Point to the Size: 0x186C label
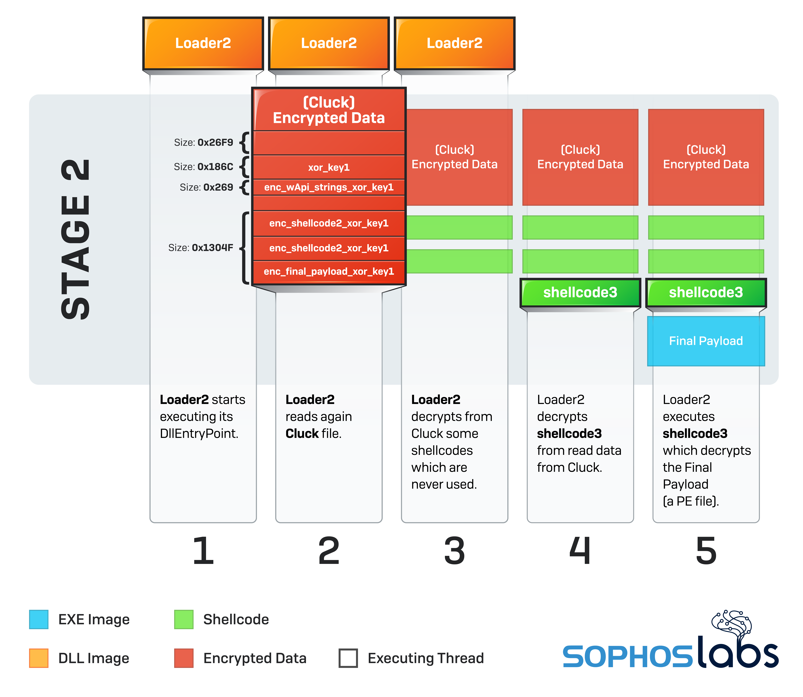point(203,167)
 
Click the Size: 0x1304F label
point(201,248)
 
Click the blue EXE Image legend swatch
point(39,619)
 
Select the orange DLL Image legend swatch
point(39,658)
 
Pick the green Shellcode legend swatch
point(184,619)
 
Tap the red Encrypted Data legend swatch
point(184,658)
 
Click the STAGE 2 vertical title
point(76,239)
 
